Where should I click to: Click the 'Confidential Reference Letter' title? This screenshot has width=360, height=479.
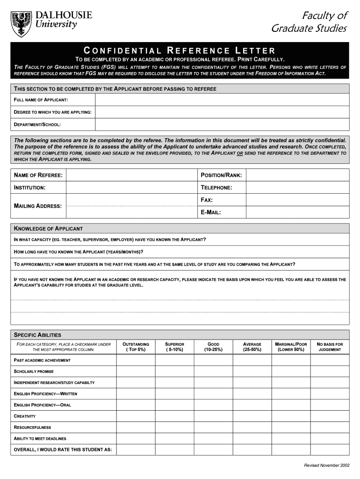[x=179, y=51]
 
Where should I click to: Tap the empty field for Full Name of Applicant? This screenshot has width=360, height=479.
[x=222, y=100]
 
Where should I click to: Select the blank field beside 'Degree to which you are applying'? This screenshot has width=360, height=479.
[x=222, y=112]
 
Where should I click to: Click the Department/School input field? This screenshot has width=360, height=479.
[x=222, y=124]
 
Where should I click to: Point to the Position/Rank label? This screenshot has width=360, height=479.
[x=221, y=175]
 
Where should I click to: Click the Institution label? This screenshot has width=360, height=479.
[x=30, y=188]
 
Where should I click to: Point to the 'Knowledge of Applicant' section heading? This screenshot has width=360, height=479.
[x=49, y=229]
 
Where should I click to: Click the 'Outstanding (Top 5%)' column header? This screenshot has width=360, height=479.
[x=136, y=347]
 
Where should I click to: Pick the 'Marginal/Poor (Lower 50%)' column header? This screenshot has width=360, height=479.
[x=291, y=347]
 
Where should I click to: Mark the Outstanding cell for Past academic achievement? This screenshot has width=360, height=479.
[x=136, y=360]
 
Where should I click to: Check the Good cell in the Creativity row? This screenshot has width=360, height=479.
[x=213, y=416]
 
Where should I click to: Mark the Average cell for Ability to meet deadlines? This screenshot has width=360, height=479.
[x=252, y=438]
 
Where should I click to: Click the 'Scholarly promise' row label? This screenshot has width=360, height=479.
[x=34, y=371]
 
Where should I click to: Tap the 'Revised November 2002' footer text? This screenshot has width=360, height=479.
[x=326, y=465]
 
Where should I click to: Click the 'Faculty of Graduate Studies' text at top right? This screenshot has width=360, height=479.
[x=309, y=22]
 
